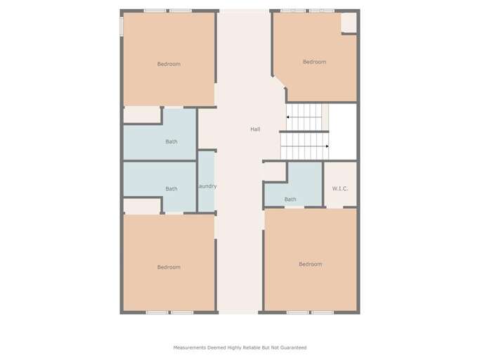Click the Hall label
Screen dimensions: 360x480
click(255, 129)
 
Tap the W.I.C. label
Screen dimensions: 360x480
click(340, 188)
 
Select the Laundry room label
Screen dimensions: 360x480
click(206, 186)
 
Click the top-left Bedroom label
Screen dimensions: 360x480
click(169, 64)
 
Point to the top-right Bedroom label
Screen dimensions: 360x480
click(314, 62)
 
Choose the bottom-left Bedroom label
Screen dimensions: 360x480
click(169, 267)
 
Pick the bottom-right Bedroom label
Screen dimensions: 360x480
click(310, 264)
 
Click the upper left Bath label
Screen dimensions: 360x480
click(171, 142)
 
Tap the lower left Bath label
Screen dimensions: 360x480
click(171, 188)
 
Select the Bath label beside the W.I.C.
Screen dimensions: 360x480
click(290, 200)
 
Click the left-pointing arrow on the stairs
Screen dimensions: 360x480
click(290, 117)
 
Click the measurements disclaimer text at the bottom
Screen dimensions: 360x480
click(240, 347)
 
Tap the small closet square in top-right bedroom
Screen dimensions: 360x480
click(349, 22)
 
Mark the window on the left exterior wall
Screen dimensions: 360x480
click(122, 26)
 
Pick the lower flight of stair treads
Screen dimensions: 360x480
click(304, 146)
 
